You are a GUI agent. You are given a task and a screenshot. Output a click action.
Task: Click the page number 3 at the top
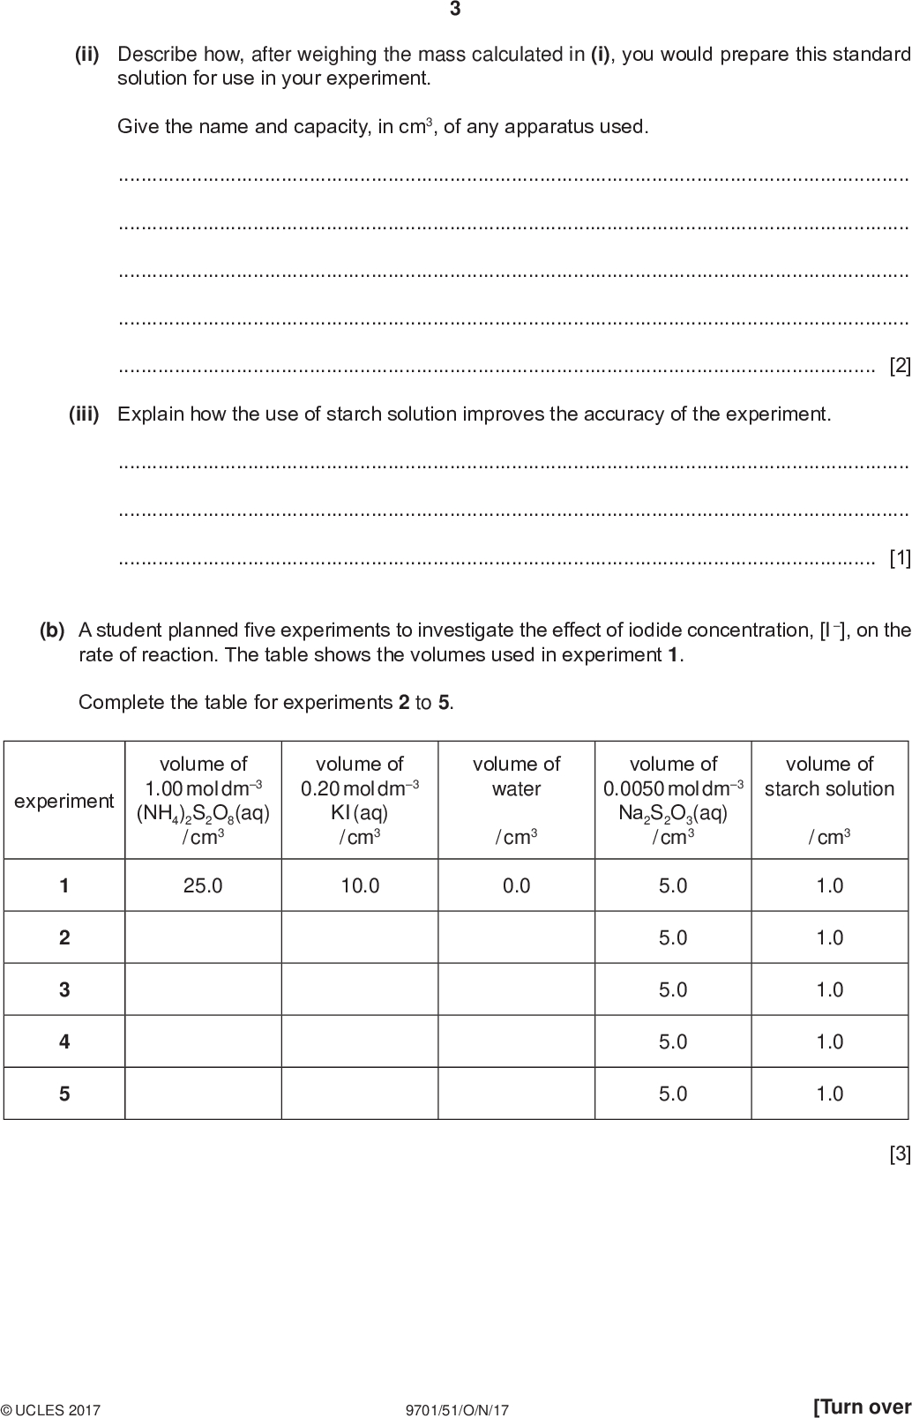point(455,10)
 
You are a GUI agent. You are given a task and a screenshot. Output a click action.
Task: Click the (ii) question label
point(86,55)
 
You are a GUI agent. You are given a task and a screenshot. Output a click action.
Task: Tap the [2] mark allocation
point(900,365)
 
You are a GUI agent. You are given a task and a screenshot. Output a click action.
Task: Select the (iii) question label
point(85,414)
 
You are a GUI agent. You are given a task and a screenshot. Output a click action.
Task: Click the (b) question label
point(52,631)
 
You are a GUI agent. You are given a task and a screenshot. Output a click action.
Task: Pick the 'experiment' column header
point(64,801)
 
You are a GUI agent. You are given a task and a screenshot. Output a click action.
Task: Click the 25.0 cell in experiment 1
point(203,885)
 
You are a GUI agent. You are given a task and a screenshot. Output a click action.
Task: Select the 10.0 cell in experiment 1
point(360,885)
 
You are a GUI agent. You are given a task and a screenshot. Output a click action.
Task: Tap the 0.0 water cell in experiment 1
point(516,885)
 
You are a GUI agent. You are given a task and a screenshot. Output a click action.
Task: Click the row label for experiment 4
point(64,1041)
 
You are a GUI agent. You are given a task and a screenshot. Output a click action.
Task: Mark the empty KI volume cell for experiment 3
point(360,989)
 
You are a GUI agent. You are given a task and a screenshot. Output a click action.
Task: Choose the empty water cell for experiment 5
point(516,1093)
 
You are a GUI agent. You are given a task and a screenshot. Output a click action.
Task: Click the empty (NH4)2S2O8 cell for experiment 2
point(203,937)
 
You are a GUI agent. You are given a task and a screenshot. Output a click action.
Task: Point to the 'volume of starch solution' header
point(829,777)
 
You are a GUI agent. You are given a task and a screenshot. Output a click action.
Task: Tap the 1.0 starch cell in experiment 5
point(829,1093)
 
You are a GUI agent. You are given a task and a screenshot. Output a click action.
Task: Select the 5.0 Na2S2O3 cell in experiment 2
point(673,937)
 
